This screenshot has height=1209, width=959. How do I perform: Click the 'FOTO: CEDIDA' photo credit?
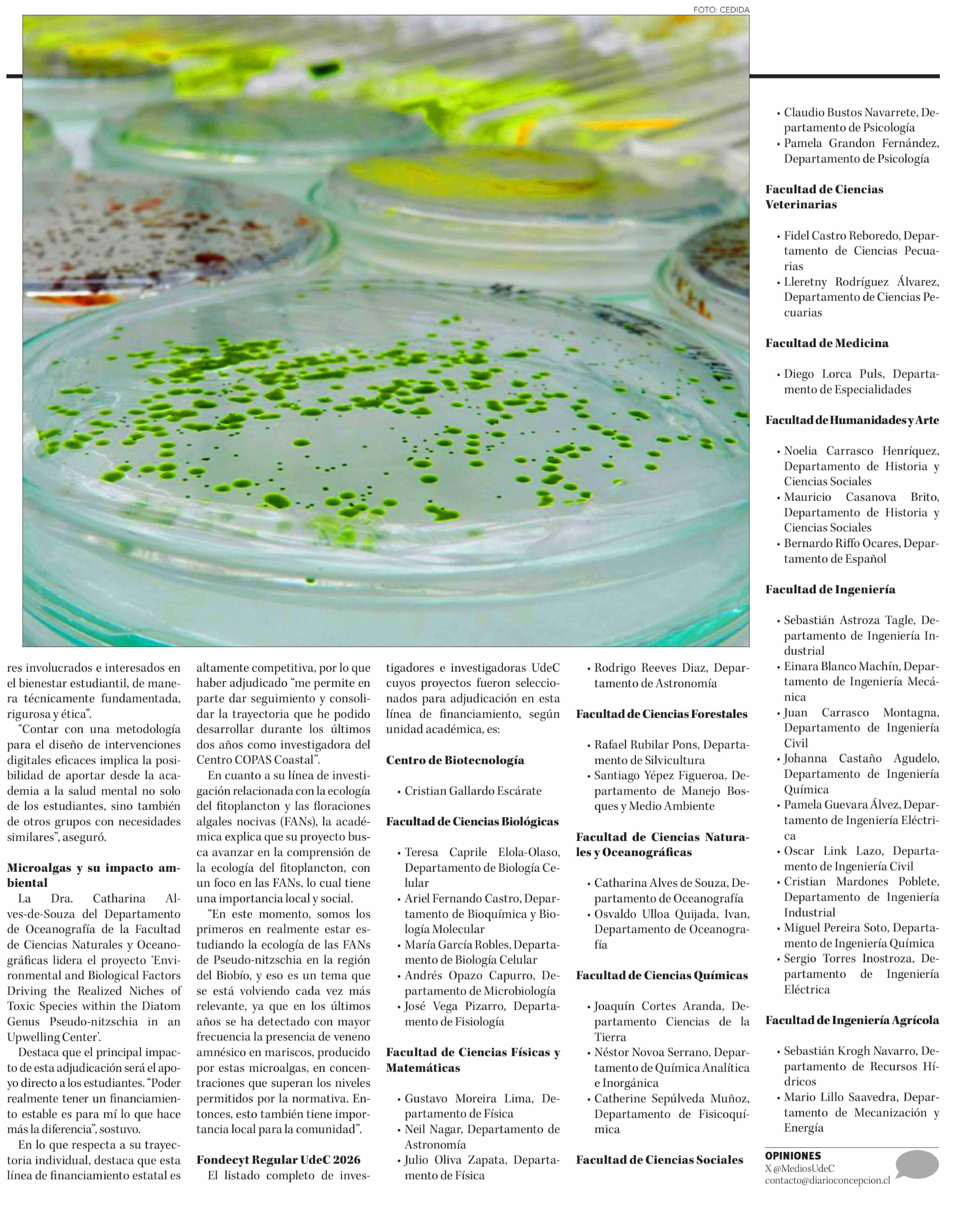click(721, 10)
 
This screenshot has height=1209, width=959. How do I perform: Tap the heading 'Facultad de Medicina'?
click(827, 343)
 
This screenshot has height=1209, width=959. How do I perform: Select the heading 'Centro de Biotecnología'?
click(455, 760)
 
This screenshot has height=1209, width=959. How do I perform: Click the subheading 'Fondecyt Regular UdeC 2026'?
click(278, 1160)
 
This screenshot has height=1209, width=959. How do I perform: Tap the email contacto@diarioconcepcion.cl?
click(827, 1180)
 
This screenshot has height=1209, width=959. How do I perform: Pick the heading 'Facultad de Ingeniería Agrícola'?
click(852, 1020)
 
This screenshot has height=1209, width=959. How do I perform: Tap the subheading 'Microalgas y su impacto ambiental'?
click(94, 875)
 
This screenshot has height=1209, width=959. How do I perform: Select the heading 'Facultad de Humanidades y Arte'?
click(852, 420)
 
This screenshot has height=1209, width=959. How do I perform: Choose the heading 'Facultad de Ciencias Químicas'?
click(662, 975)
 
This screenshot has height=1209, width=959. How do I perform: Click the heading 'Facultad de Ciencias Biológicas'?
click(472, 821)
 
